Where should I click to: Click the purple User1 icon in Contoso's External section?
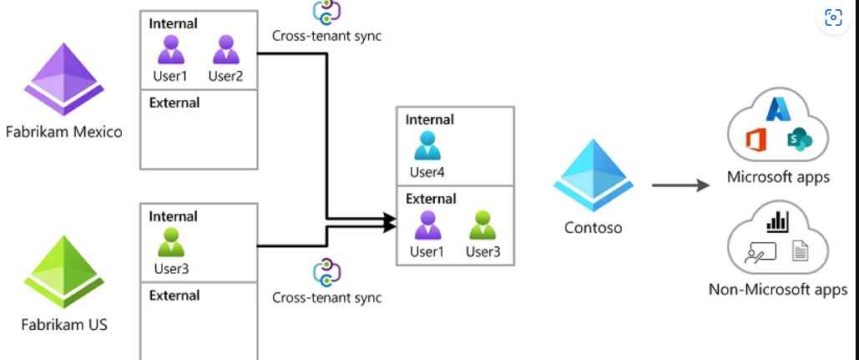427,226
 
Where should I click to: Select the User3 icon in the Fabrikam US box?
172,244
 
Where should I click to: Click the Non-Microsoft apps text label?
777,290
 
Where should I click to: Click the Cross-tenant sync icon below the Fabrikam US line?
326,272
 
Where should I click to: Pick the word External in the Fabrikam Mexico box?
174,104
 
